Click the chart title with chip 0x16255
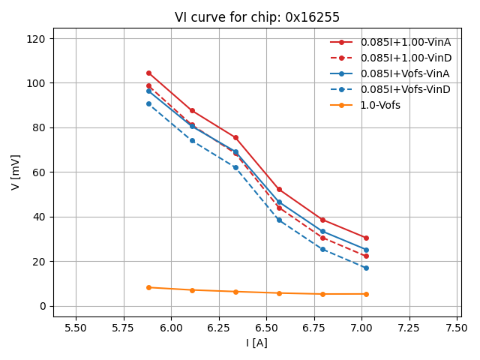(x=257, y=17)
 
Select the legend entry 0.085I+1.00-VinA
(x=405, y=42)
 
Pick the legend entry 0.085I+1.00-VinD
(x=405, y=58)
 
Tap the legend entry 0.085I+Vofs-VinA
(x=405, y=73)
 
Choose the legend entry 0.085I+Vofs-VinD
(x=405, y=89)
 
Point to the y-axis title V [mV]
(x=16, y=172)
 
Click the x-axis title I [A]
(x=256, y=343)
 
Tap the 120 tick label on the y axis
(x=36, y=39)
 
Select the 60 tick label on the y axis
(x=39, y=172)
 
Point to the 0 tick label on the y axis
(x=42, y=306)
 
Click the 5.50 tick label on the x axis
(x=76, y=328)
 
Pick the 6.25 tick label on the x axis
(x=219, y=328)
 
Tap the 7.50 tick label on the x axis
(x=457, y=328)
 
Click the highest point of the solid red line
(x=148, y=73)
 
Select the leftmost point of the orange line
(x=148, y=287)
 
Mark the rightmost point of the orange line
(x=366, y=294)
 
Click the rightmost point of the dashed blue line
(x=366, y=268)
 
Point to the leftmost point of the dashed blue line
(x=148, y=103)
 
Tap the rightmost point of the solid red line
(x=366, y=238)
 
